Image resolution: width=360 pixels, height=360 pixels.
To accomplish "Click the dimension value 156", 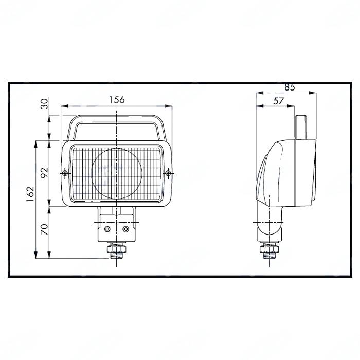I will point(117,100).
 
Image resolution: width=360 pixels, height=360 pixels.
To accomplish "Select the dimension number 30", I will point(45,104).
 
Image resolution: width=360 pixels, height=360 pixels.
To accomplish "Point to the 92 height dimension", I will point(45,172).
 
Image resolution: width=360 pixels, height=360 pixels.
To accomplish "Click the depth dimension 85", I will point(290,87).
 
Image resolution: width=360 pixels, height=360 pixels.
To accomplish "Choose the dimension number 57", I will point(278,101).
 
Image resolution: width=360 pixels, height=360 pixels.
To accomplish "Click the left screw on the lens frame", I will point(65,172).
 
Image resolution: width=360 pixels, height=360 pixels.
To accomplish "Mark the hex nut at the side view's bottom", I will point(269,250).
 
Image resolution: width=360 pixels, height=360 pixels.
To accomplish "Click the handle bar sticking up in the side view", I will point(302,126).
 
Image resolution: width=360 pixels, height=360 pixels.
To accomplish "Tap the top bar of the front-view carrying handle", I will point(117,118).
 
